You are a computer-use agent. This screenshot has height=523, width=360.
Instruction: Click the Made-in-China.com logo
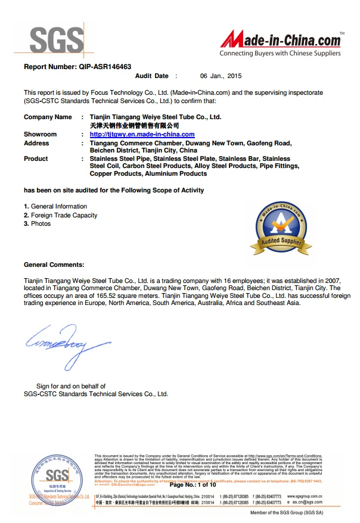coord(281,41)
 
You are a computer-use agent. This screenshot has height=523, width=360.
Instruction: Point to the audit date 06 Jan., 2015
coord(221,76)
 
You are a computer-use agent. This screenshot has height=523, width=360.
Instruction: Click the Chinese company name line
coord(134,126)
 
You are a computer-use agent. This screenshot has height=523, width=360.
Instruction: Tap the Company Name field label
coord(47,117)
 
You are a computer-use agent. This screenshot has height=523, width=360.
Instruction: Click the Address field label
coord(36,144)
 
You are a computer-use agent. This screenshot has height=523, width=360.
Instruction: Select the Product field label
coord(36,159)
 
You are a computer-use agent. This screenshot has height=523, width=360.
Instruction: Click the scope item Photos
coord(41,223)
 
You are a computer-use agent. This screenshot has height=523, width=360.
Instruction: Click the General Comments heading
coord(54,264)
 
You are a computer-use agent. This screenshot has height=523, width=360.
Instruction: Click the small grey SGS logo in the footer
coord(58,477)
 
